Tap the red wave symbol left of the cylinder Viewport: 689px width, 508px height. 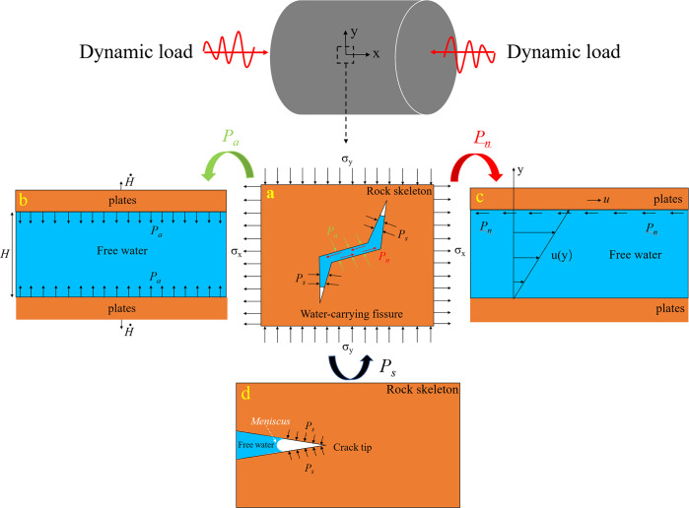coord(230,48)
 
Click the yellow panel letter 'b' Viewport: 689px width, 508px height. coord(22,200)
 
